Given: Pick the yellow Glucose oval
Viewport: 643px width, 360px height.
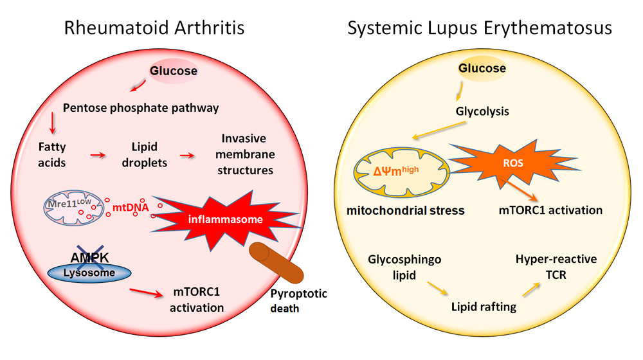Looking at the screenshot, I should coord(482,69).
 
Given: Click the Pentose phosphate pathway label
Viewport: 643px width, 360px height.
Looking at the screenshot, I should coord(141,107).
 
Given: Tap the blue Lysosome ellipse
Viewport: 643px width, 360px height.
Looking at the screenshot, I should coord(89,273).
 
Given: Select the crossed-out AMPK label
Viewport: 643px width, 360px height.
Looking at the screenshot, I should coord(89,257).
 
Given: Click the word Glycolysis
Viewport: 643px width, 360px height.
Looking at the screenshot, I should coord(482,111).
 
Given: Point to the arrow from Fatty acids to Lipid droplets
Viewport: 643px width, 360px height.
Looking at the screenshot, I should coord(98,155).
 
